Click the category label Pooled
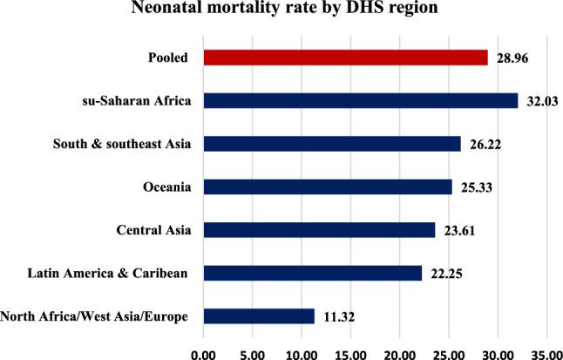170,58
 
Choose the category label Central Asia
154,230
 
